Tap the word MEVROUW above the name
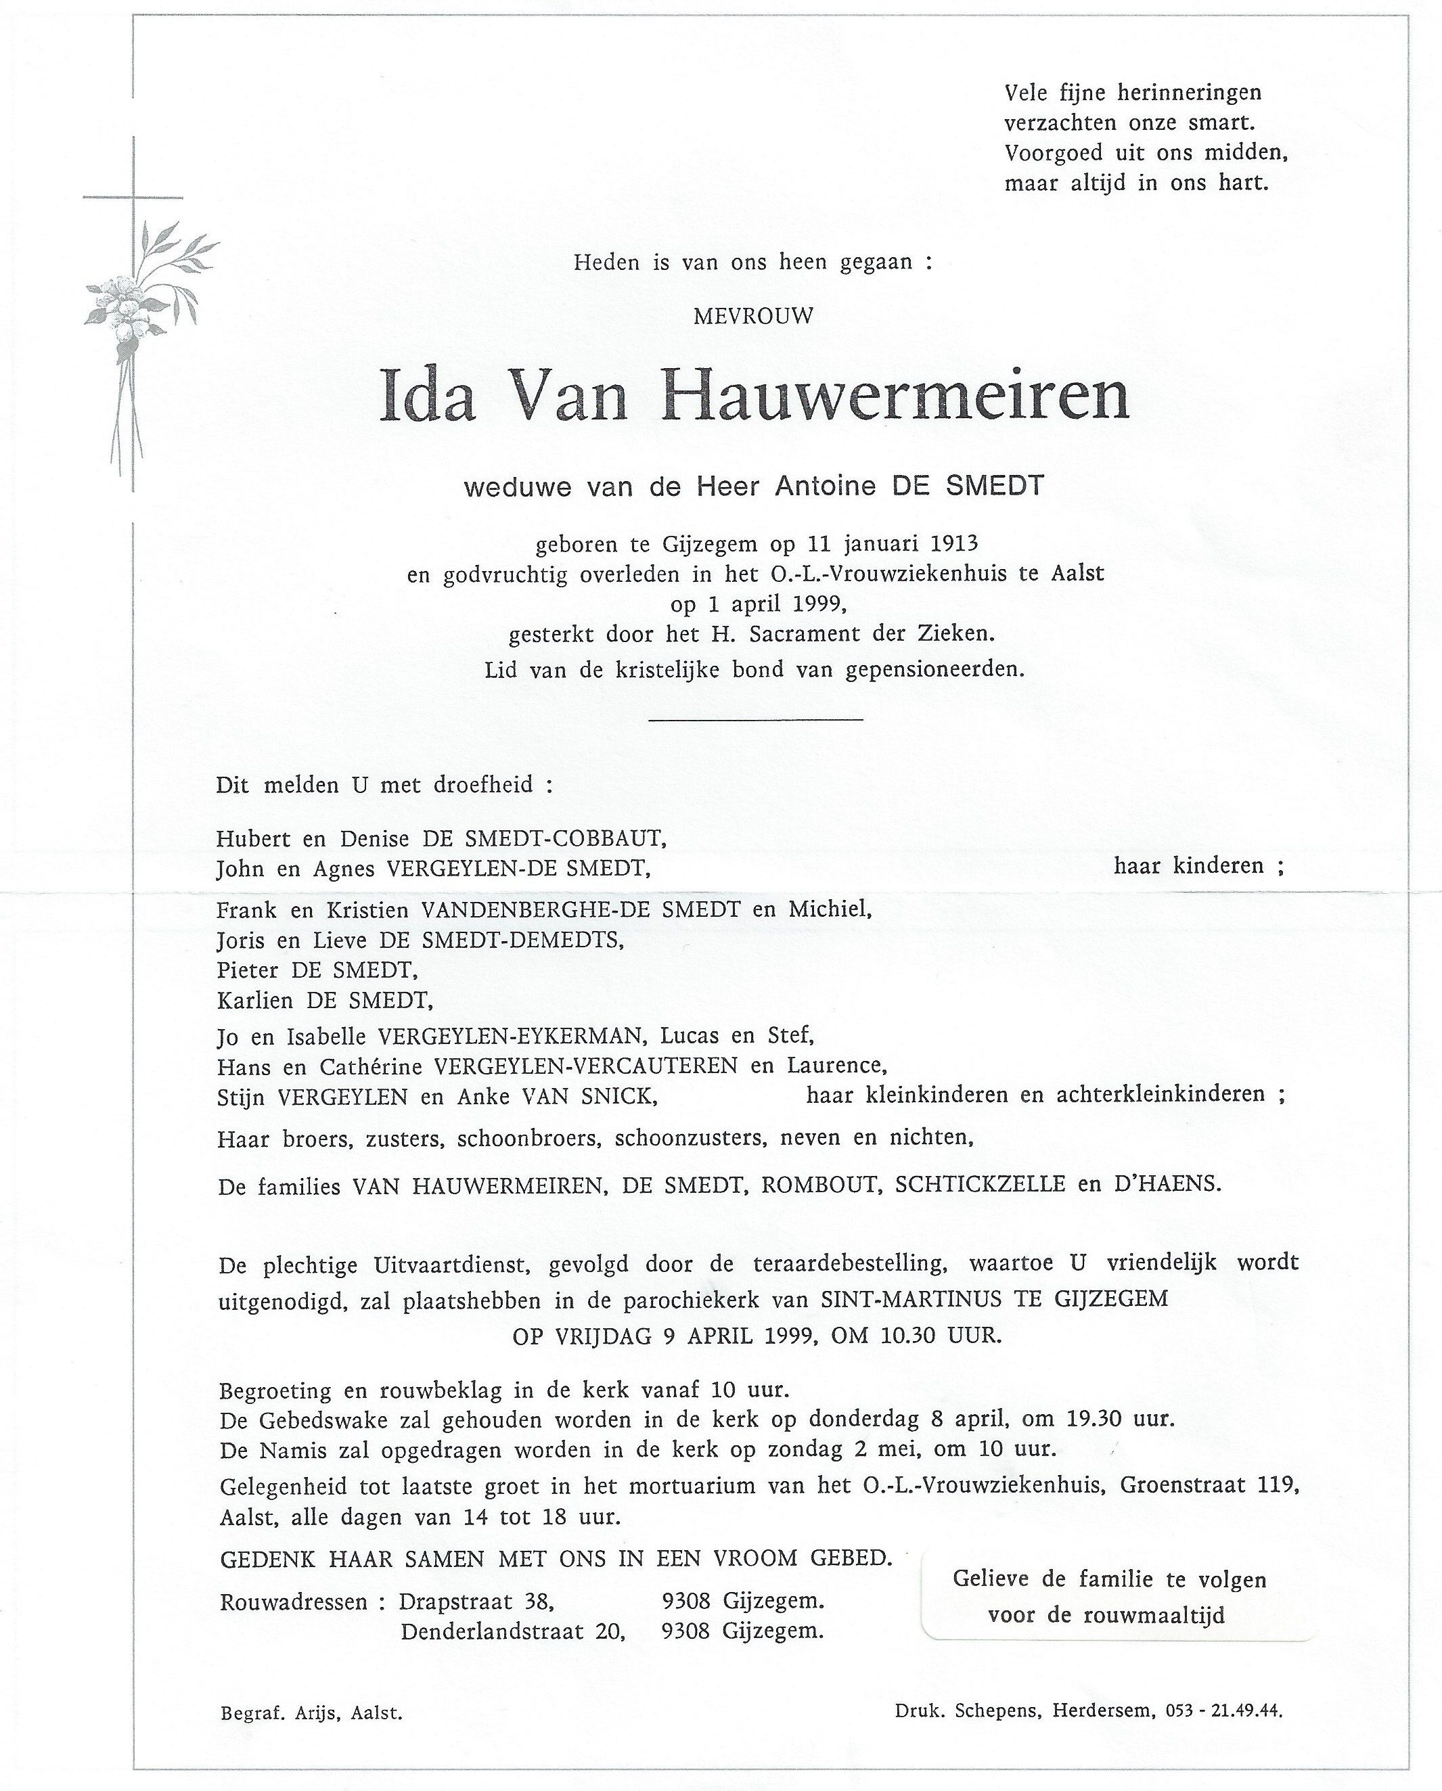753,316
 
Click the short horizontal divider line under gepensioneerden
755,719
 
